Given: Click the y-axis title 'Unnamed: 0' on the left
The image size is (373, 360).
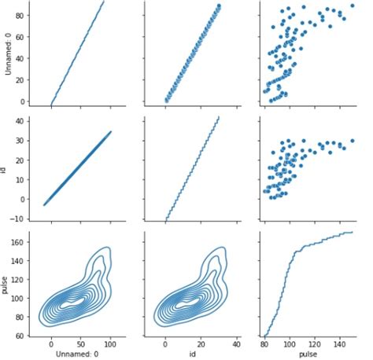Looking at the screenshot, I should [7, 53].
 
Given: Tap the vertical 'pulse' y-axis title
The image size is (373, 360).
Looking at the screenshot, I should [7, 284].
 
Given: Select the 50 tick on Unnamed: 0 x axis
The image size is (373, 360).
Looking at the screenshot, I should [80, 343].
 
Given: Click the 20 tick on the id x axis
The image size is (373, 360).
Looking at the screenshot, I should [201, 343].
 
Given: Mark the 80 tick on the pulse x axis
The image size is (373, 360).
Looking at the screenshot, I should [265, 343].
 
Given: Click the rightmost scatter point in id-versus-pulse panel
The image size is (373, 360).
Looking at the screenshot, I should [351, 141].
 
